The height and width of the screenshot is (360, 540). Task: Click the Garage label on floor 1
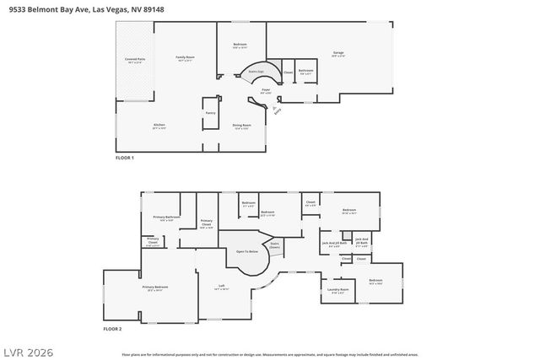pyautogui.click(x=337, y=53)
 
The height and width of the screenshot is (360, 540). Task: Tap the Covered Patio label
pyautogui.click(x=135, y=59)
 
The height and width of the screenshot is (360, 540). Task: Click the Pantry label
pyautogui.click(x=210, y=112)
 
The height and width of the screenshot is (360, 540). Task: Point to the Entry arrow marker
pyautogui.click(x=277, y=107)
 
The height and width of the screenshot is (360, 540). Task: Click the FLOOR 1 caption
pyautogui.click(x=125, y=158)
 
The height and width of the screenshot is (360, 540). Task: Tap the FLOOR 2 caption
pyautogui.click(x=112, y=328)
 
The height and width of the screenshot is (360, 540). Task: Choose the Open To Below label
pyautogui.click(x=246, y=251)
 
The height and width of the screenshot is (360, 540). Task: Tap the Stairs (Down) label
pyautogui.click(x=274, y=245)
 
